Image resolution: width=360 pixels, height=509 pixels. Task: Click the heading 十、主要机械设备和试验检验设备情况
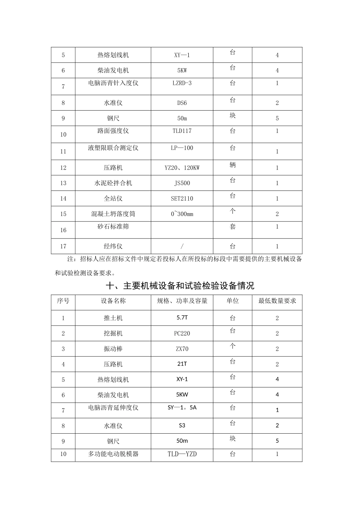point(180,286)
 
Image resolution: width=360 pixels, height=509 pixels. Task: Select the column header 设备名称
point(113,301)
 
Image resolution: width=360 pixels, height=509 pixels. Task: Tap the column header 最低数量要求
point(277,301)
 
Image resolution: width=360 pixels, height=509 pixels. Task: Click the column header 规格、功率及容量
point(182,301)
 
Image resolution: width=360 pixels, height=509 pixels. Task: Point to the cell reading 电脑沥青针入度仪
point(113,83)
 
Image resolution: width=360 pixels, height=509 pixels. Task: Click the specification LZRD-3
point(182,83)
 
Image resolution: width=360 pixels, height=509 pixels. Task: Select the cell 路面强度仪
point(113,131)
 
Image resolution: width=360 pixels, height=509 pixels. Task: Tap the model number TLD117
point(182,131)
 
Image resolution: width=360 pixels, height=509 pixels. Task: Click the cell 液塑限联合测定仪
point(113,148)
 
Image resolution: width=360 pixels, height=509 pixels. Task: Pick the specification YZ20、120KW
point(182,168)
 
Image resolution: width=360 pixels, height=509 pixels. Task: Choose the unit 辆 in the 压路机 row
point(233,165)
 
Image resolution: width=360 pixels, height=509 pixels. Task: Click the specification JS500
point(182,183)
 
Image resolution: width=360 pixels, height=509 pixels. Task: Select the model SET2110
point(182,198)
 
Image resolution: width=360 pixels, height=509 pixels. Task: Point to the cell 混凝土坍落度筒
point(113,214)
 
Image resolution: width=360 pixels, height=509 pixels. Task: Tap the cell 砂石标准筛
point(113,226)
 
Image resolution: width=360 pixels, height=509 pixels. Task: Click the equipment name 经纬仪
point(113,246)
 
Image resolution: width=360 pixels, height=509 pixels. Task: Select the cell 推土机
point(113,318)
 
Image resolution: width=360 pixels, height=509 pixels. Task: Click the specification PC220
point(182,334)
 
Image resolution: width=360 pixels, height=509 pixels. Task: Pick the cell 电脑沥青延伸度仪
point(113,408)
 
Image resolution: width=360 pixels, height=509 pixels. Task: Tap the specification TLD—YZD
point(182,454)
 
